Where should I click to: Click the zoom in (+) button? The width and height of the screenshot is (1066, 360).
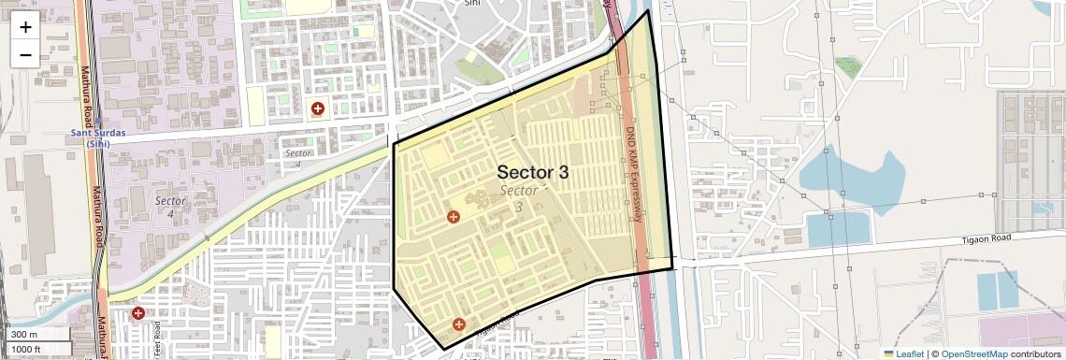[x=25, y=26]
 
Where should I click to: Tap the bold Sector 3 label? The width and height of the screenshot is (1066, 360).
[x=532, y=172]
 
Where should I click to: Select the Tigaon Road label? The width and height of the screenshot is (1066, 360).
[x=987, y=239]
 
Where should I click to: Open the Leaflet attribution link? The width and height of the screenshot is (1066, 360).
[x=903, y=353]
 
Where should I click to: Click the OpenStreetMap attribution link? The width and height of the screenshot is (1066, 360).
[x=973, y=353]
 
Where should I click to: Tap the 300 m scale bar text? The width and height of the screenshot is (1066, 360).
[x=25, y=334]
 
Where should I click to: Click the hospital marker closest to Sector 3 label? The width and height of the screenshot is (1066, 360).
[x=454, y=217]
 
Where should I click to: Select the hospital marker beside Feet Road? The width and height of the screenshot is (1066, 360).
[x=138, y=313]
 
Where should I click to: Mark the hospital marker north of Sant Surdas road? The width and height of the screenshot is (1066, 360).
[x=318, y=108]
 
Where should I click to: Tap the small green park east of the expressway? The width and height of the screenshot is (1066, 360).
[x=848, y=66]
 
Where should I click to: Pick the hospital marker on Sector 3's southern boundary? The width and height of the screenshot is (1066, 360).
[x=458, y=324]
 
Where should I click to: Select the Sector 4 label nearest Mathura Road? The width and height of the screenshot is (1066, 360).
[x=170, y=207]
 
